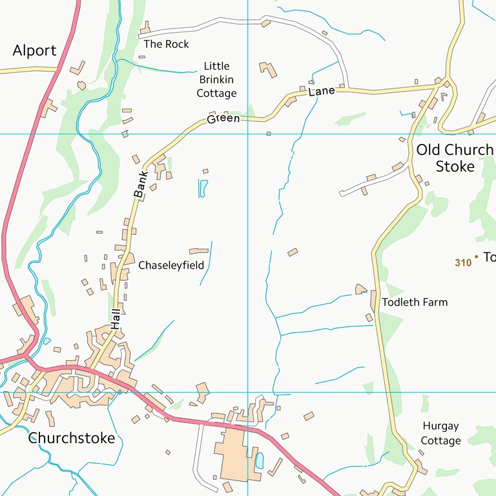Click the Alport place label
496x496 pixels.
pyautogui.click(x=34, y=50)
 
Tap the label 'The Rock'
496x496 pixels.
pyautogui.click(x=167, y=44)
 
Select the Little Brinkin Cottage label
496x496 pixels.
pyautogui.click(x=216, y=79)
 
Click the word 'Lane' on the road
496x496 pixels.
pyautogui.click(x=322, y=92)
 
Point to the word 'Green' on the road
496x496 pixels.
pyautogui.click(x=223, y=119)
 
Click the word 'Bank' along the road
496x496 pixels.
pyautogui.click(x=141, y=183)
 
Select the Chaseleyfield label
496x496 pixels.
pyautogui.click(x=171, y=265)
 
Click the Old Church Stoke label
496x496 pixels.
pyautogui.click(x=455, y=158)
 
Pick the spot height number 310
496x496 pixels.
pyautogui.click(x=462, y=263)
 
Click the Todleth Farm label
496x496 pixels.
pyautogui.click(x=415, y=302)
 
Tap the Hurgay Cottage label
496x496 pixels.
pyautogui.click(x=440, y=433)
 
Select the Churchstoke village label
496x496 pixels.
pyautogui.click(x=71, y=439)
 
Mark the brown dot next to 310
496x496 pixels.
pyautogui.click(x=477, y=257)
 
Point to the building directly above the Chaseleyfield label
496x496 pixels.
pyautogui.click(x=199, y=251)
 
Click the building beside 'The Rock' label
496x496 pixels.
pyautogui.click(x=145, y=28)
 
